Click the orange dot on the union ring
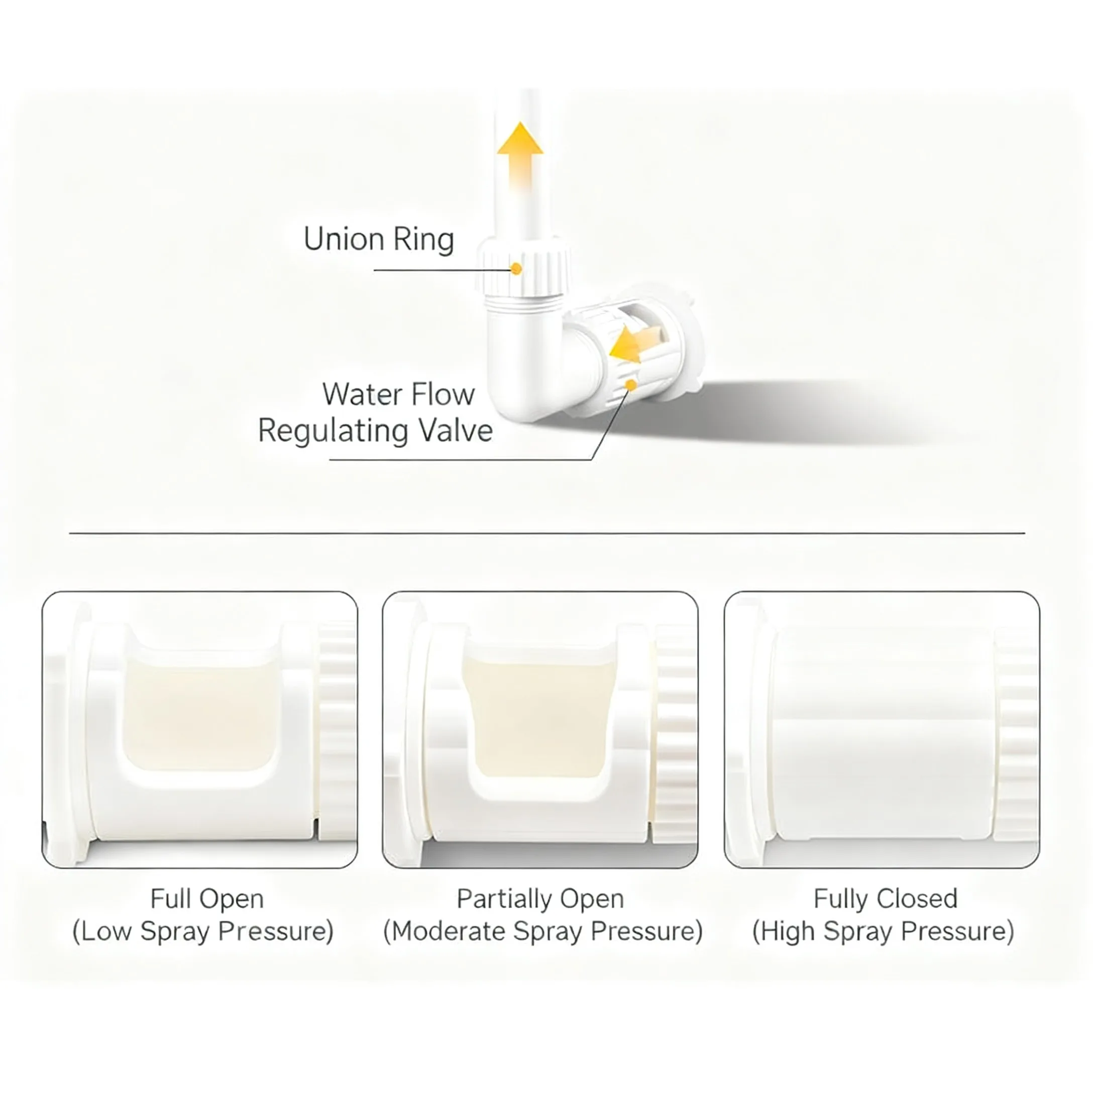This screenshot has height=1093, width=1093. point(516,269)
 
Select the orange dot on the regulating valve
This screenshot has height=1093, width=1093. point(631,385)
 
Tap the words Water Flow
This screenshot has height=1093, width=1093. point(398,394)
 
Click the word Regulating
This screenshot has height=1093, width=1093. point(333,431)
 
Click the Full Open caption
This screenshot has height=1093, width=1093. point(207,899)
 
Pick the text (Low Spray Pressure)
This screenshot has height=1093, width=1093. point(203,931)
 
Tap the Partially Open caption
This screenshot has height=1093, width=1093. point(540,899)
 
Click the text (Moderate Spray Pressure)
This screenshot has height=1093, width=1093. point(542,931)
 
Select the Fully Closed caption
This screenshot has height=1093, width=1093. point(886,899)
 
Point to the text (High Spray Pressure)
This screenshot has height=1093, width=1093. point(883,931)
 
